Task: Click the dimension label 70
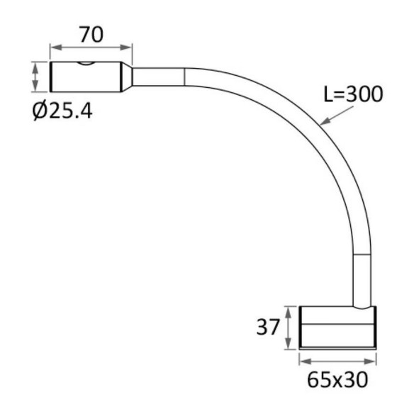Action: click(91, 35)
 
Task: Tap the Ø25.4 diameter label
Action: click(62, 111)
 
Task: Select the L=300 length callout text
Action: click(353, 94)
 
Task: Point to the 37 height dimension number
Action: click(268, 327)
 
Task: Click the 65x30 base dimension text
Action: click(337, 379)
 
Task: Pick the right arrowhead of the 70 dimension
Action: click(126, 47)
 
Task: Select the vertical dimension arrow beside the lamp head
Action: click(35, 77)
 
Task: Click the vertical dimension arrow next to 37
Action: click(289, 328)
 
